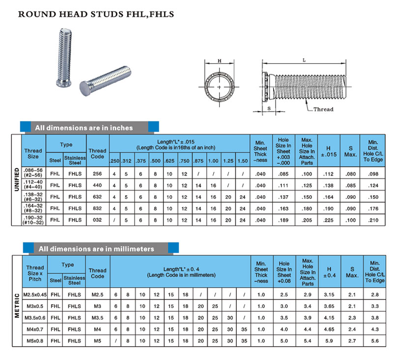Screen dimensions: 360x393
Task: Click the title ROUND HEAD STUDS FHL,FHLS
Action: pos(96,14)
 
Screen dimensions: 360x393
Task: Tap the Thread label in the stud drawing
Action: pos(323,109)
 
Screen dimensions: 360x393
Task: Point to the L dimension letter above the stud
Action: pos(304,60)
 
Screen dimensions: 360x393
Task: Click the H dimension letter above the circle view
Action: pos(219,61)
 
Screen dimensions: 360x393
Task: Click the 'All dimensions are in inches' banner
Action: pos(84,127)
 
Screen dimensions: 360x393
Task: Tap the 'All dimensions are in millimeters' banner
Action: pos(96,248)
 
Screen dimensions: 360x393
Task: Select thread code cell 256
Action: pos(97,173)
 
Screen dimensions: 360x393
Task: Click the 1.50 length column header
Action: pos(243,161)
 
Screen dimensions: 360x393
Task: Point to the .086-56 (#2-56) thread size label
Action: pos(32,173)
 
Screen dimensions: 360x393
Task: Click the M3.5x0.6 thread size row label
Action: pos(35,317)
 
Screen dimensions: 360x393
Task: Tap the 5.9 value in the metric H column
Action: pos(329,340)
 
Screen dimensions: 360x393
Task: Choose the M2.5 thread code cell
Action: pos(97,294)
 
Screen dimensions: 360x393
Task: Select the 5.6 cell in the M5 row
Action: pos(375,340)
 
